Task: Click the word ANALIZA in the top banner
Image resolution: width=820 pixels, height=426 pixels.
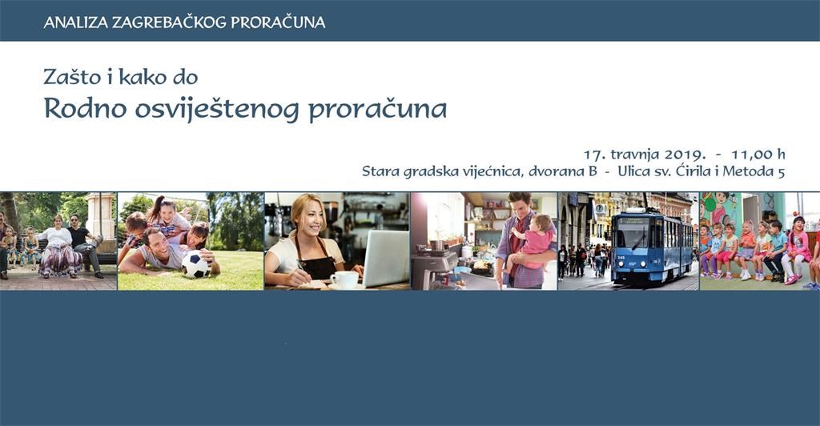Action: click(x=75, y=22)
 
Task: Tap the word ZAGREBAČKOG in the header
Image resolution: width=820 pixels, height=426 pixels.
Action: click(x=169, y=22)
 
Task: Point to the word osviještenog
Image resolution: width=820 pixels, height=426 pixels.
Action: click(x=217, y=110)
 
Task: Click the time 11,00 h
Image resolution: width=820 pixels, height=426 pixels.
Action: click(x=758, y=155)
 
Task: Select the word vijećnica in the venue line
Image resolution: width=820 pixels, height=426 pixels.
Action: click(x=495, y=171)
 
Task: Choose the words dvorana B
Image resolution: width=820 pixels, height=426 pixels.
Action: click(x=563, y=171)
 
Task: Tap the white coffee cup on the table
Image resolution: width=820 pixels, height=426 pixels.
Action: click(x=344, y=279)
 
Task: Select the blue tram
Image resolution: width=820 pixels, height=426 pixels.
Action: click(x=652, y=246)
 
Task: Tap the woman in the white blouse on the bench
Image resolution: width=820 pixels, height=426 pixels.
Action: click(x=58, y=246)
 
